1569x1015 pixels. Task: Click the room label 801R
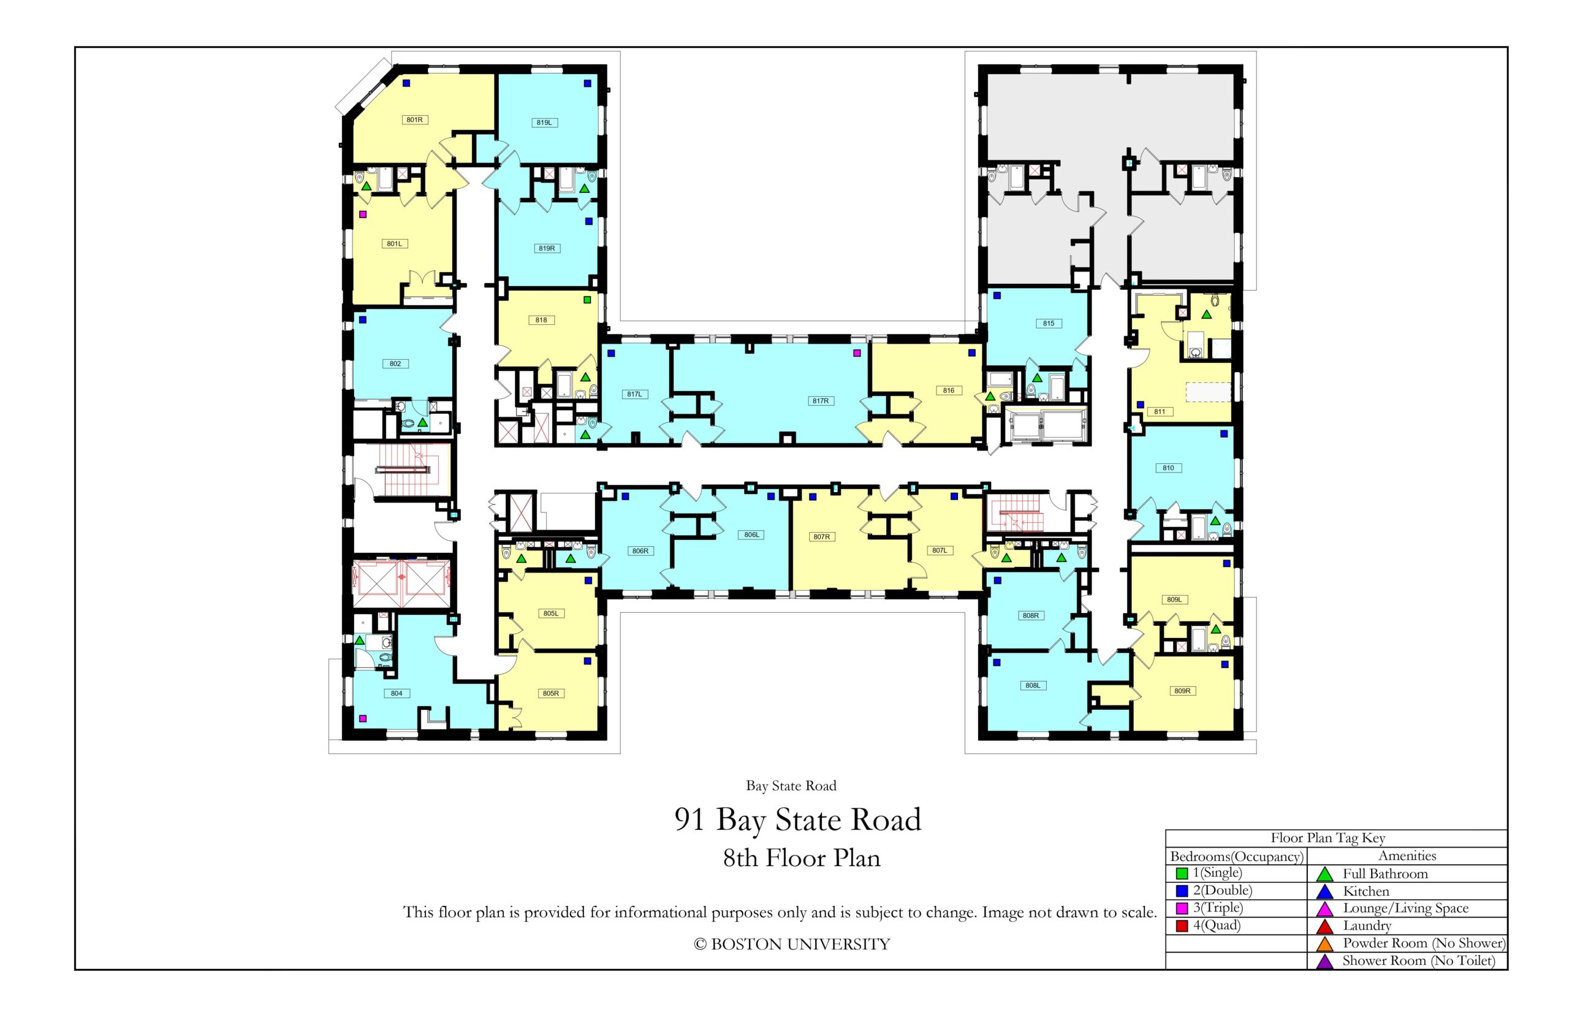[x=414, y=120]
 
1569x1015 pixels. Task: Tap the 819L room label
[x=544, y=123]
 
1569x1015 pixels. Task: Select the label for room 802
[x=395, y=363]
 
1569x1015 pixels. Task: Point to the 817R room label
[x=820, y=401]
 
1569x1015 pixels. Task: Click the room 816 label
[x=948, y=390]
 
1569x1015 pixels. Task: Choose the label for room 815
[x=1049, y=323]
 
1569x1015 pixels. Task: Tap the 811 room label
[x=1159, y=411]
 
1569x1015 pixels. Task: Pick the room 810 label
[x=1168, y=468]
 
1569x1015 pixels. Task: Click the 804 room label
[x=396, y=693]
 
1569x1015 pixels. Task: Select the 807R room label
[x=821, y=536]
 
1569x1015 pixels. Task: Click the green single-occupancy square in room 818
[x=587, y=300]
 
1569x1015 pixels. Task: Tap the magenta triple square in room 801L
[x=362, y=214]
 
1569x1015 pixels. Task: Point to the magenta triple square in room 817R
[x=857, y=352]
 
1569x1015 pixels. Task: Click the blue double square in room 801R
[x=406, y=83]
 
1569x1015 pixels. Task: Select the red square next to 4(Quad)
[x=1182, y=926]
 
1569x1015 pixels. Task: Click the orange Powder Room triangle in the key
[x=1324, y=944]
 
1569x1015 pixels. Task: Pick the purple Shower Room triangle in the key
[x=1324, y=962]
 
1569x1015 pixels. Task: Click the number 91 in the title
[x=690, y=820]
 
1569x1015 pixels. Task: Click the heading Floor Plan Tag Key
[x=1328, y=838]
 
